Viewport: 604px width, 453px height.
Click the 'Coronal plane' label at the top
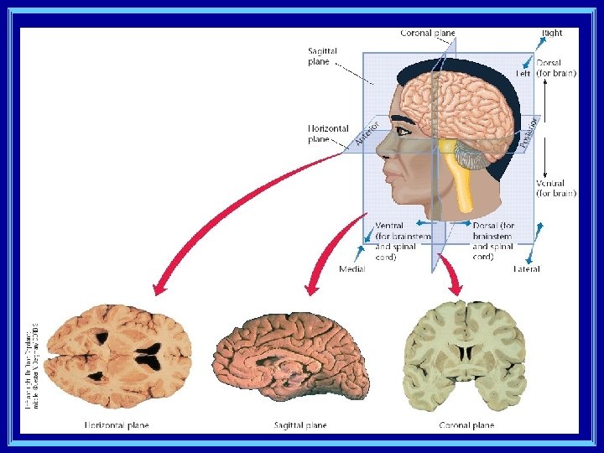[428, 34]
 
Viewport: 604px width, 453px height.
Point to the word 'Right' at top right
[552, 33]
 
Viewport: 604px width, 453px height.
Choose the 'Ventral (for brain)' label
[556, 188]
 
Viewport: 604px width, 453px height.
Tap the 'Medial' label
[352, 269]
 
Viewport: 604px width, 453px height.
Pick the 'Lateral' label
[527, 269]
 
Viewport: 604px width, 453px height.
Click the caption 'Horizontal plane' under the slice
[117, 425]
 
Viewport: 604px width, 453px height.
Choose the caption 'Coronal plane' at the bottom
[466, 425]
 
